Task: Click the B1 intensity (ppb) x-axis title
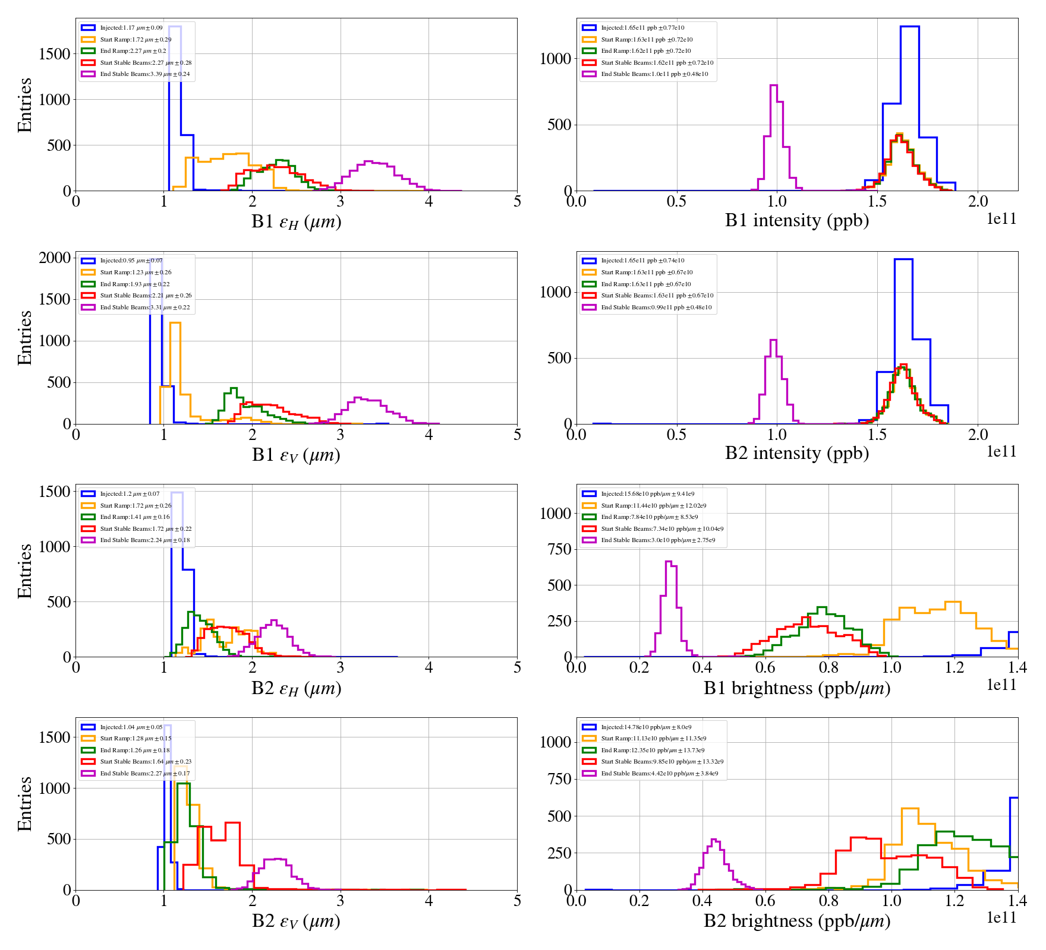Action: [796, 221]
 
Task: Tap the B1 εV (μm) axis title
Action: [296, 455]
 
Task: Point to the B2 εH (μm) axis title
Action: [296, 688]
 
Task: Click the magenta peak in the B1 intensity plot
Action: [774, 87]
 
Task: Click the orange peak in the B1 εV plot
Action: [175, 324]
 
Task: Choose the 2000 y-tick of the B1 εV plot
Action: [55, 258]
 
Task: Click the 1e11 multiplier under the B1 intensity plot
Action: [1001, 219]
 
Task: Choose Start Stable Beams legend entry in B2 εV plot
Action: [145, 762]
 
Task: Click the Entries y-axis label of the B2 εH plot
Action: [24, 571]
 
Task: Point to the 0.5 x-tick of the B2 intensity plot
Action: [676, 435]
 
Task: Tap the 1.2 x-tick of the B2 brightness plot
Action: [954, 901]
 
